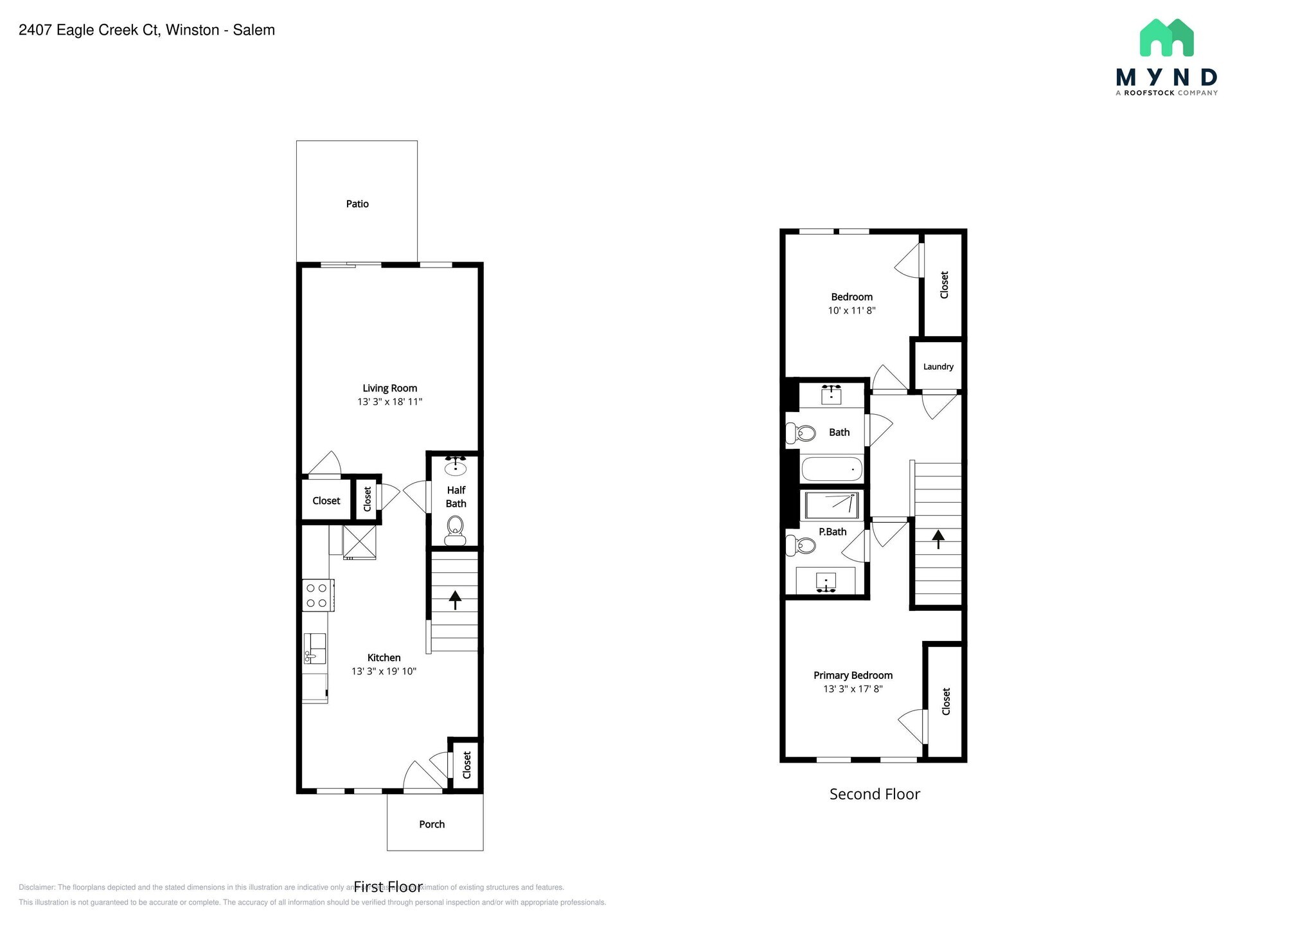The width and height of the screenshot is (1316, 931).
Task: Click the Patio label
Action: pyautogui.click(x=357, y=204)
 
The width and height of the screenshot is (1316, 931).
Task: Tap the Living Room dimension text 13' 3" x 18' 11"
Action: pyautogui.click(x=389, y=402)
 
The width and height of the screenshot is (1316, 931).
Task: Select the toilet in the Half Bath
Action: pyautogui.click(x=456, y=531)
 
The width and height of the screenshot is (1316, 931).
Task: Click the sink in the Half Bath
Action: pyautogui.click(x=456, y=465)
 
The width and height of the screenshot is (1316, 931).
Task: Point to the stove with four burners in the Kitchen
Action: pyautogui.click(x=317, y=595)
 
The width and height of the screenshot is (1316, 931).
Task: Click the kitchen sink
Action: pyautogui.click(x=314, y=648)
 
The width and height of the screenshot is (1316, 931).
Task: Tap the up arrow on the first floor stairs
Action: pyautogui.click(x=455, y=599)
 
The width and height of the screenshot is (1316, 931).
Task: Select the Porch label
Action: pyautogui.click(x=432, y=824)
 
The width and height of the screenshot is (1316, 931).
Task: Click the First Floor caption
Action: pyautogui.click(x=388, y=887)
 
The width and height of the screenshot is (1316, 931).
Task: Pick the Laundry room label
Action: pyautogui.click(x=938, y=366)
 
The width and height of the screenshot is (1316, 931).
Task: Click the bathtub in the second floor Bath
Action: pyautogui.click(x=831, y=469)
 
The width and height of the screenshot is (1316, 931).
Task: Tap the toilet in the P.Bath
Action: pyautogui.click(x=801, y=547)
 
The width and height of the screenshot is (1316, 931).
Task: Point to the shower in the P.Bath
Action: pyautogui.click(x=831, y=505)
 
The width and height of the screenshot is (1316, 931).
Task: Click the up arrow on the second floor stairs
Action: pyautogui.click(x=938, y=539)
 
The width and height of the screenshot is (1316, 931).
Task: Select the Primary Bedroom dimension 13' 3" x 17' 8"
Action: pyautogui.click(x=853, y=689)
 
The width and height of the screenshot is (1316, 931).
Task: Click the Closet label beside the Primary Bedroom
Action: pyautogui.click(x=946, y=701)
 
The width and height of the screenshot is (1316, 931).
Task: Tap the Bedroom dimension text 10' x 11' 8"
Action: pyautogui.click(x=851, y=311)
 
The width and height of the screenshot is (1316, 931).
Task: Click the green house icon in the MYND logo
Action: pyautogui.click(x=1166, y=38)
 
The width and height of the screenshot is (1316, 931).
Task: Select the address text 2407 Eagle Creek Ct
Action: pyautogui.click(x=89, y=30)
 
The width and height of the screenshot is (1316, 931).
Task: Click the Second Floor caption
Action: pyautogui.click(x=875, y=794)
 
